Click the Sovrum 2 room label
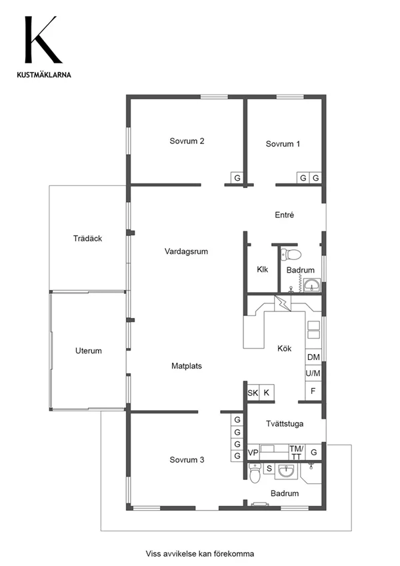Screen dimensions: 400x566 pos(187,141)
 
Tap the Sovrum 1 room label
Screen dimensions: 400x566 pos(283,144)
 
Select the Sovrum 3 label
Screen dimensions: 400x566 pos(187,460)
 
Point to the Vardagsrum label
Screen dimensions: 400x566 pos(186,251)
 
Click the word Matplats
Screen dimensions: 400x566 pos(186,366)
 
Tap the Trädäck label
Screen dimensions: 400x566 pos(87,239)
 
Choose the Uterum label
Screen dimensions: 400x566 pos(89,351)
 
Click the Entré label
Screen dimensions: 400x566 pos(284,215)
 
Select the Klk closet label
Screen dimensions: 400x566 pos(263,269)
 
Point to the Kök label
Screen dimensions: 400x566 pos(285,349)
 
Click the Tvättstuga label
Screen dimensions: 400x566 pos(285,424)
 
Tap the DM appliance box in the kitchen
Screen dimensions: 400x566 pos(313,357)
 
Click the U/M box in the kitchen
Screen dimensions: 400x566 pos(313,373)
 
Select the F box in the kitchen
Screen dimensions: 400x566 pos(313,391)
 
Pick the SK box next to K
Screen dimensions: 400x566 pos(253,393)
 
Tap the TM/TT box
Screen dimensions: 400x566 pos(297,453)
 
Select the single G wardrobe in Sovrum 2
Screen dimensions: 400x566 pos(237,178)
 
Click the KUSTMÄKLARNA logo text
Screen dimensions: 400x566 pos(44,75)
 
